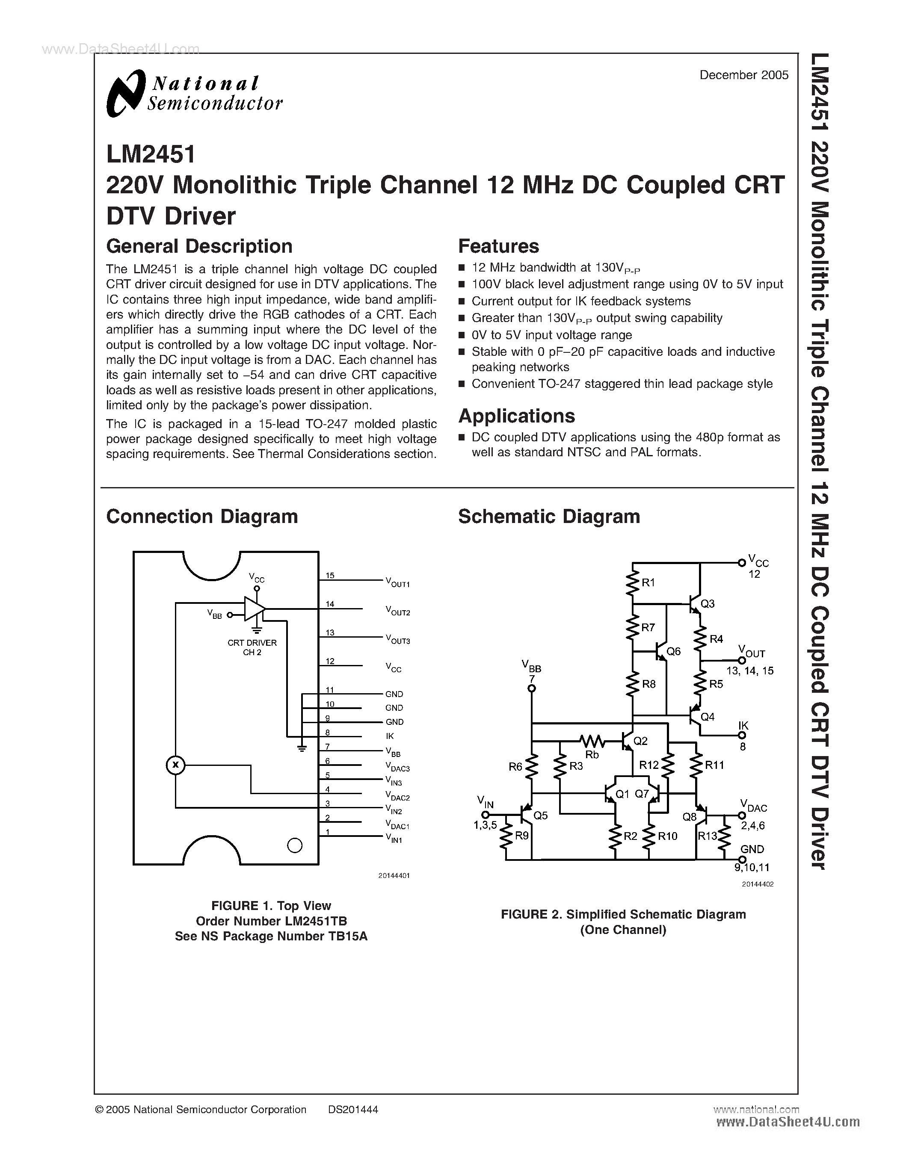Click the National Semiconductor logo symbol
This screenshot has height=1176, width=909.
pyautogui.click(x=126, y=93)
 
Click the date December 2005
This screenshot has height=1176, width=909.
pyautogui.click(x=744, y=75)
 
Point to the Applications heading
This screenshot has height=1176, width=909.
pyautogui.click(x=516, y=416)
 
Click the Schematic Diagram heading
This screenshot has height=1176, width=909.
pyautogui.click(x=549, y=517)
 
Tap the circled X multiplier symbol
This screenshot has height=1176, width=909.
pyautogui.click(x=175, y=765)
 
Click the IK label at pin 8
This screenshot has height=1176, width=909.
pyautogui.click(x=390, y=736)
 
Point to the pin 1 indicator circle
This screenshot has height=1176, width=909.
pyautogui.click(x=295, y=845)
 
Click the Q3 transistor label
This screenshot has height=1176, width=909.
pyautogui.click(x=707, y=604)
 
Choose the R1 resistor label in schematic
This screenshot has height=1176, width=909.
pyautogui.click(x=648, y=582)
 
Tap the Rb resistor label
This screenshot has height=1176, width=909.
pyautogui.click(x=592, y=754)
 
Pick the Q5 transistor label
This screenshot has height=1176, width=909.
pyautogui.click(x=540, y=816)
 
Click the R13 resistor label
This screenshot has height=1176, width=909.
pyautogui.click(x=707, y=836)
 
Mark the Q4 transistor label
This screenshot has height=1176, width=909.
pyautogui.click(x=707, y=717)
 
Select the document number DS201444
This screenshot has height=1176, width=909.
pyautogui.click(x=353, y=1109)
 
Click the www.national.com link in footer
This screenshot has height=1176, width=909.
pyautogui.click(x=756, y=1109)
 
